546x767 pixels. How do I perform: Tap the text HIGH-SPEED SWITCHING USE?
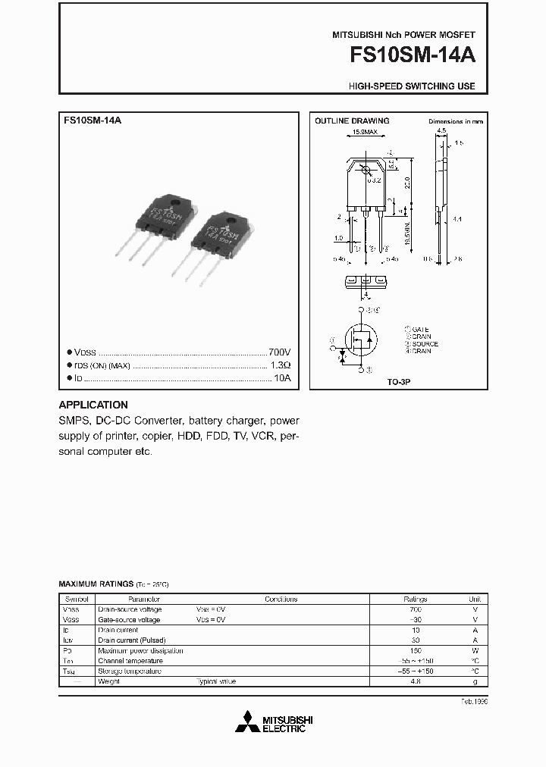(412, 86)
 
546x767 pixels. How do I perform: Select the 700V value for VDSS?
(279, 352)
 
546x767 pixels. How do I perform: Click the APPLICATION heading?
(93, 405)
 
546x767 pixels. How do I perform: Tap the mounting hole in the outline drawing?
(365, 169)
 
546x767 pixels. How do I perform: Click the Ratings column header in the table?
(415, 599)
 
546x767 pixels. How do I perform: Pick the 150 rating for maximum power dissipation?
(415, 650)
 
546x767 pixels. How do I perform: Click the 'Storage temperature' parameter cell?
(129, 672)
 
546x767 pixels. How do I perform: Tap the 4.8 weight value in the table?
(415, 681)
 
